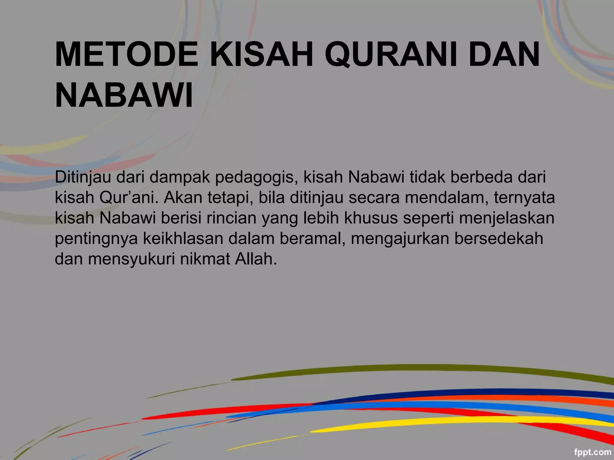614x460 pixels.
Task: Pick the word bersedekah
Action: [x=499, y=238]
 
